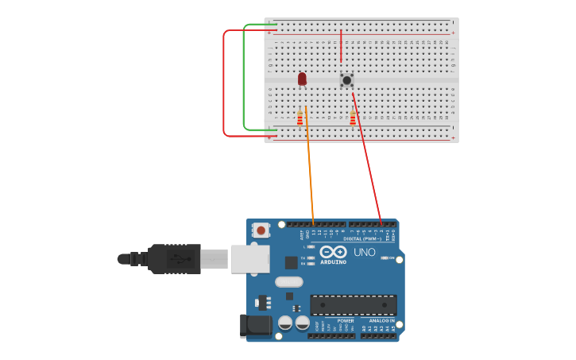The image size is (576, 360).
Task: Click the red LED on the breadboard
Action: [302, 78]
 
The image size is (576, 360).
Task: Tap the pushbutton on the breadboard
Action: [347, 80]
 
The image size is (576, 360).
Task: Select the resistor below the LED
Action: [300, 118]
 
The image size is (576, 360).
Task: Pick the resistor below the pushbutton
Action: [353, 118]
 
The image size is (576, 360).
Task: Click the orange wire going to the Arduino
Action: [310, 171]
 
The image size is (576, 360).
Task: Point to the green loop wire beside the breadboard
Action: [244, 79]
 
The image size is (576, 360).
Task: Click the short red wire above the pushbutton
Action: [341, 46]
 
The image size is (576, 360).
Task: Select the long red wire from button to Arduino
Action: [367, 159]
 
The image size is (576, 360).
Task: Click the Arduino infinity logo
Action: [334, 252]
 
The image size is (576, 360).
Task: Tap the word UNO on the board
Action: [364, 253]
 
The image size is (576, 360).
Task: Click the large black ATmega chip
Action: [354, 304]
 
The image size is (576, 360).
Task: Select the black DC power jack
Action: [256, 325]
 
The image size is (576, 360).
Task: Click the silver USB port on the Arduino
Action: [249, 259]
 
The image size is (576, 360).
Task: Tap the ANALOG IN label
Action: [381, 321]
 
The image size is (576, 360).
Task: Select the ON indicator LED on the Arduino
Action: [386, 258]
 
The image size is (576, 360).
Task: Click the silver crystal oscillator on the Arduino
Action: [289, 281]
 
